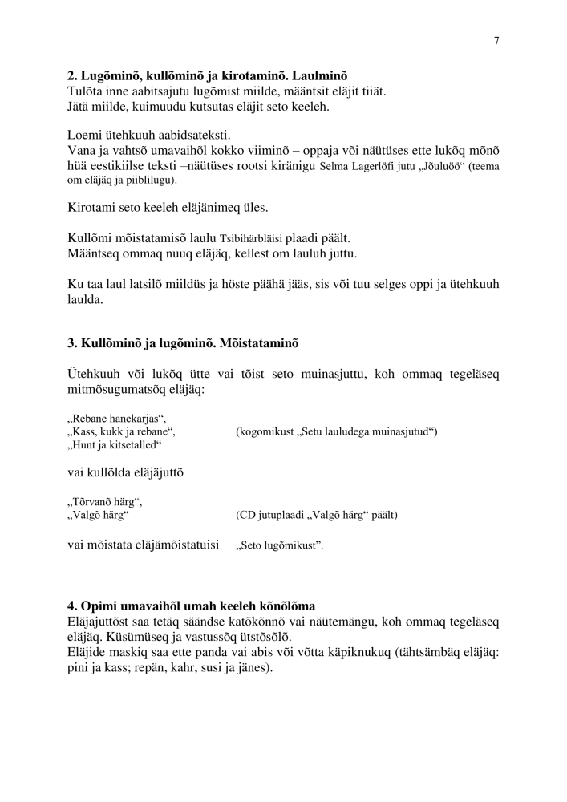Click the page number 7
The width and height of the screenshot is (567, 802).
496,42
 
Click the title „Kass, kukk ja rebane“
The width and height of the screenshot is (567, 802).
121,431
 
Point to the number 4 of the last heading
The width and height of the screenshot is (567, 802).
71,605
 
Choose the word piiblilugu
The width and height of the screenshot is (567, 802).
150,180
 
